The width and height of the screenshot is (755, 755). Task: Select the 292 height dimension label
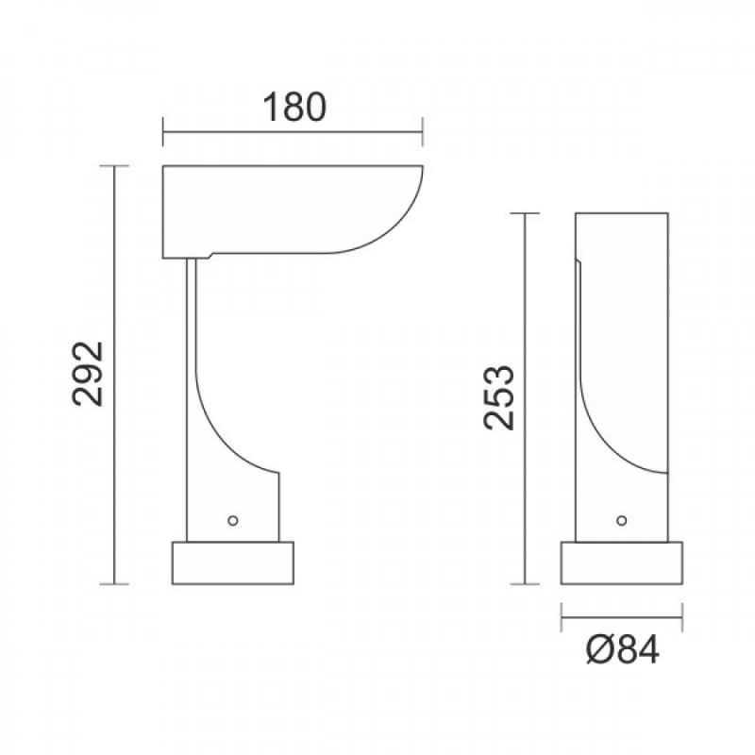pos(88,374)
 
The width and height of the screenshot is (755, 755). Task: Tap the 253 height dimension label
pos(499,397)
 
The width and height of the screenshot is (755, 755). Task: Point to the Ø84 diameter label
pos(623,650)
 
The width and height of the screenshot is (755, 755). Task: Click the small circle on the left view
pos(232,521)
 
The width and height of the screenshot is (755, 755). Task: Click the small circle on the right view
pos(622,521)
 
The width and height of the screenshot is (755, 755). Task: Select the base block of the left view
pos(233,562)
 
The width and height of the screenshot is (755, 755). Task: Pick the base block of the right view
pos(622,562)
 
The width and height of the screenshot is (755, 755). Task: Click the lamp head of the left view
pos(289,210)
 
